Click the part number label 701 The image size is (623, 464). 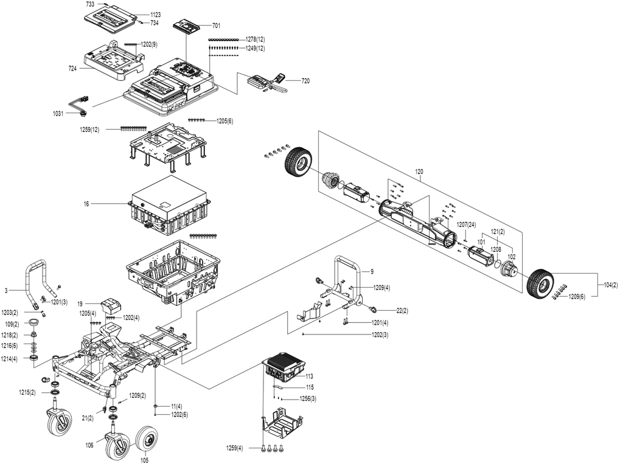216,26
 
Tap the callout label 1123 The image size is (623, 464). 155,15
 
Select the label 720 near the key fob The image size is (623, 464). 305,81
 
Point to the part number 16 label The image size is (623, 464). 86,204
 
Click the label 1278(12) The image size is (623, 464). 255,40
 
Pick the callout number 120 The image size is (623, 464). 419,172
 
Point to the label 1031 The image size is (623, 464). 58,114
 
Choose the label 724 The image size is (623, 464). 72,69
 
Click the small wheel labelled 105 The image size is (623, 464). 147,440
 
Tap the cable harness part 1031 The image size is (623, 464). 80,105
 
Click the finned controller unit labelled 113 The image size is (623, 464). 284,367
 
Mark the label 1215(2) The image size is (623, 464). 27,392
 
